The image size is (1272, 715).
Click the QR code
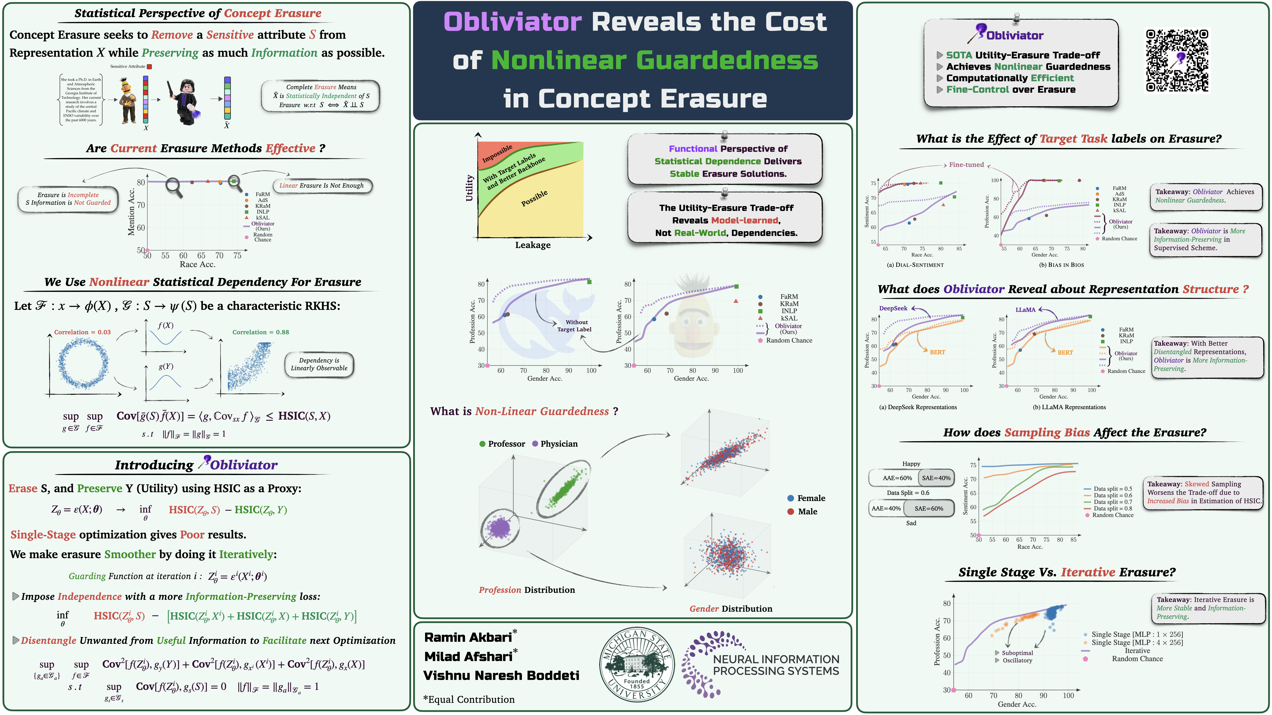pos(1177,60)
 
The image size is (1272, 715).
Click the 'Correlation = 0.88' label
pos(261,332)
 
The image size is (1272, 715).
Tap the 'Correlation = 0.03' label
pos(82,332)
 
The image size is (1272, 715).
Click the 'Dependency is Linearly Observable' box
pos(319,364)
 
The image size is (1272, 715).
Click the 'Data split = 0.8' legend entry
pos(1113,508)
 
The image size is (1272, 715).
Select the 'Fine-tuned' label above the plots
pos(966,165)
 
